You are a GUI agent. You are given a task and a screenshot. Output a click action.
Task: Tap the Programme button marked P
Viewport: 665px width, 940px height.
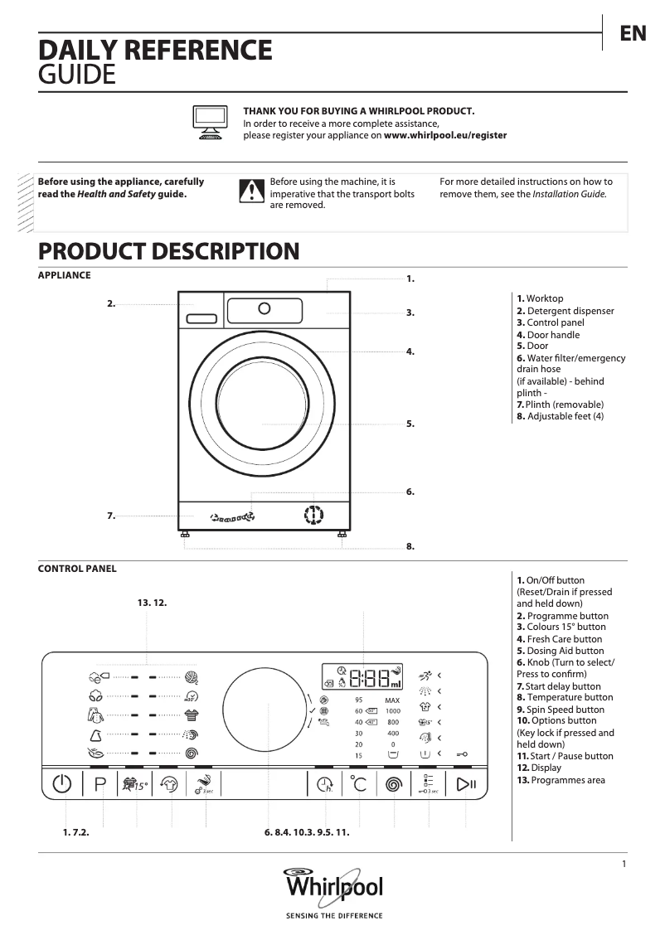pyautogui.click(x=101, y=784)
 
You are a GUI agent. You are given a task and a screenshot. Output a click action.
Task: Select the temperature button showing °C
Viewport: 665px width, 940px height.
pyautogui.click(x=358, y=784)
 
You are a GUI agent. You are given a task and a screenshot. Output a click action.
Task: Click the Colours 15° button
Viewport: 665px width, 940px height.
pyautogui.click(x=133, y=784)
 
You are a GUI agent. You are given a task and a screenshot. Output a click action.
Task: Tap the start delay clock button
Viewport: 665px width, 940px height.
pyautogui.click(x=324, y=784)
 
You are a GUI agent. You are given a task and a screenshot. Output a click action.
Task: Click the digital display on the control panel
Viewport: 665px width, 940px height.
pyautogui.click(x=363, y=676)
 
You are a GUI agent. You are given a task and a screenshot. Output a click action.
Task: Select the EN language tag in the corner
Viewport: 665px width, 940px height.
pyautogui.click(x=633, y=34)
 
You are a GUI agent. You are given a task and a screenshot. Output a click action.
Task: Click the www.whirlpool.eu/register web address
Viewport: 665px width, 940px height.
pyautogui.click(x=445, y=135)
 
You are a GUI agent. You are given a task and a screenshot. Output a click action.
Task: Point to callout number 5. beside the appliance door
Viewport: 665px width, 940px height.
pyautogui.click(x=410, y=424)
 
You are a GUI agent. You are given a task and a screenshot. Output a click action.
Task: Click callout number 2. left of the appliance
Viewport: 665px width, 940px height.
pyautogui.click(x=111, y=304)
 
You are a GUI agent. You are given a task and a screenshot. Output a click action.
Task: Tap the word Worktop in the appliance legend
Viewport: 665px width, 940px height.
pyautogui.click(x=545, y=298)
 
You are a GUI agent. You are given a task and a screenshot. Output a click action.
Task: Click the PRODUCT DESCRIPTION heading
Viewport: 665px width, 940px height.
pyautogui.click(x=168, y=251)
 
